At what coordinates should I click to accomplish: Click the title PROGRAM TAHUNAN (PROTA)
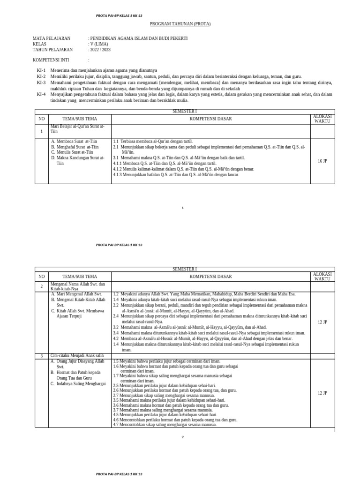tap(180, 24)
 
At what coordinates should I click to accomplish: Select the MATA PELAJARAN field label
tap(52, 38)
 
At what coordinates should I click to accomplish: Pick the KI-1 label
tap(41, 71)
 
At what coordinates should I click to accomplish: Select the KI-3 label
tap(41, 82)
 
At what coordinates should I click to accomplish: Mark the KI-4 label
tap(41, 94)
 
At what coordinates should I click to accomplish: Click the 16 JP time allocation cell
tap(322, 161)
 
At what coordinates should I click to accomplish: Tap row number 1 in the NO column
tap(41, 132)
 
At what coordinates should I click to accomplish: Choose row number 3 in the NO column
tap(41, 356)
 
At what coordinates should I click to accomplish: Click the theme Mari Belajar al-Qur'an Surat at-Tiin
tap(77, 129)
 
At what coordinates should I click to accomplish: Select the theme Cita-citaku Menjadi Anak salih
tap(78, 356)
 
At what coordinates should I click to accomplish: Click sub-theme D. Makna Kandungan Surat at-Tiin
tap(77, 160)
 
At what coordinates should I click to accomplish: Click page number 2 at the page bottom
tap(183, 437)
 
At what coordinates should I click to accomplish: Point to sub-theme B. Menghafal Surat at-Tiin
tap(75, 147)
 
